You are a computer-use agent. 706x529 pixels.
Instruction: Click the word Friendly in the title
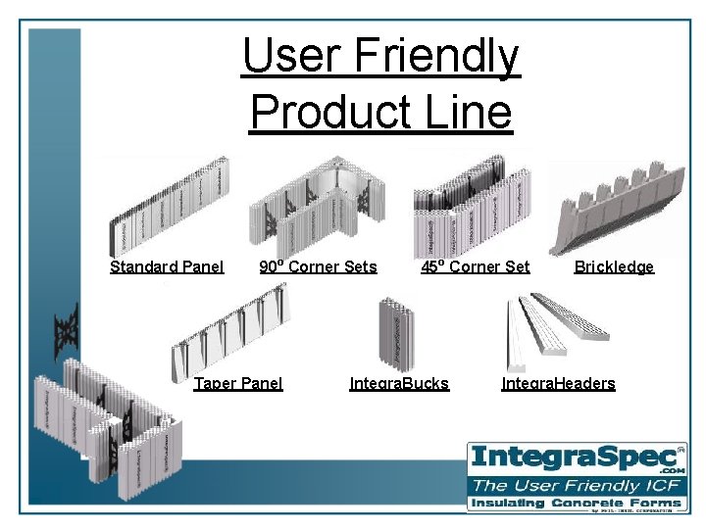coord(437,57)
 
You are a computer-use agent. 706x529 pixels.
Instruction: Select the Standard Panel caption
coord(167,266)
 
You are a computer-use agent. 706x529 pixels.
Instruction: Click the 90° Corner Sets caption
coord(318,266)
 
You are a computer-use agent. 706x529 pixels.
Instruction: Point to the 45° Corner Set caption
coord(476,266)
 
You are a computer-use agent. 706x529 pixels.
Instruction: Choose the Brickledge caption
coord(614,266)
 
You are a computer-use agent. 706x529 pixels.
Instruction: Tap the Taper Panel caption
coord(238,383)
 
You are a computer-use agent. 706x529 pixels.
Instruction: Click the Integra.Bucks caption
coord(399,383)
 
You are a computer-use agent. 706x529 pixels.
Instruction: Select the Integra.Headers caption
coord(558,383)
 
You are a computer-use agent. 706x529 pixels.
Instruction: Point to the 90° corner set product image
coord(316,206)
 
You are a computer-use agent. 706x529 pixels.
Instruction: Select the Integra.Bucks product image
coord(398,332)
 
